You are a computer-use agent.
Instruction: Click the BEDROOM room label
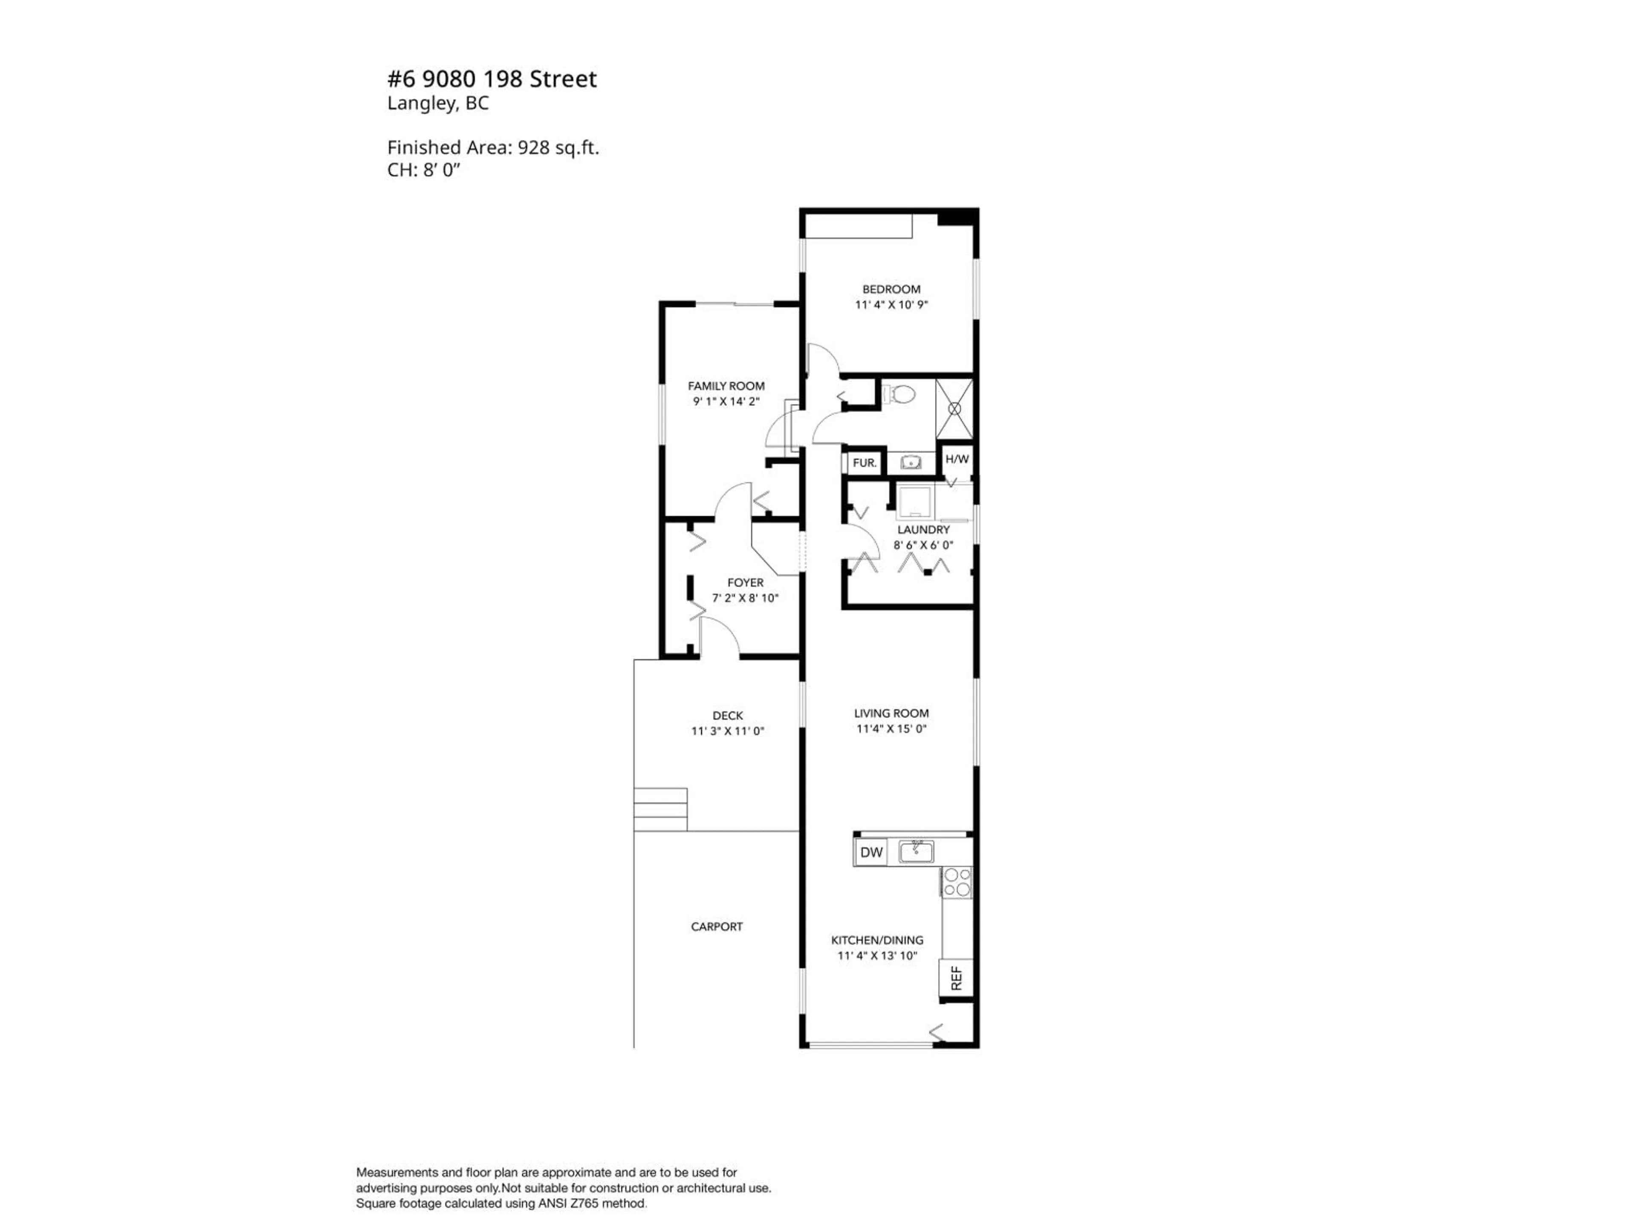pos(891,290)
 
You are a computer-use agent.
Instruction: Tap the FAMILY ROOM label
pos(726,385)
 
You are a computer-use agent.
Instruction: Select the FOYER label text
pos(745,582)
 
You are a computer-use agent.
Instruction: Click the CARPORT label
pos(716,926)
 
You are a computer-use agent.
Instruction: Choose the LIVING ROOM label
pos(891,713)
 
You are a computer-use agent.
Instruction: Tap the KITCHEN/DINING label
pos(877,940)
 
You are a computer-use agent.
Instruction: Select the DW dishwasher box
pos(871,852)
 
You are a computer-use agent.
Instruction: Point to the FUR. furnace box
pos(865,463)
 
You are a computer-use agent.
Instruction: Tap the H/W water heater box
pos(956,459)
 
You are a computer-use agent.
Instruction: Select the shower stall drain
pos(954,408)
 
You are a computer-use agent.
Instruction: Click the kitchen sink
pos(916,852)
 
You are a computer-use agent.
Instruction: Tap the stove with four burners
pos(957,882)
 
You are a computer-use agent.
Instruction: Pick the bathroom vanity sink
pos(910,463)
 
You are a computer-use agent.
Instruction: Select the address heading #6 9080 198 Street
pos(492,78)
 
